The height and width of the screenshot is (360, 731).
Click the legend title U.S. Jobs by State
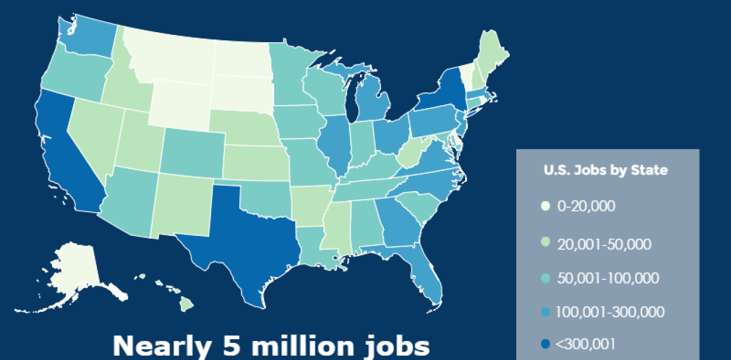pos(606,171)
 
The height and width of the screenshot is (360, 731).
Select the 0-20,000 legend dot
pos(545,207)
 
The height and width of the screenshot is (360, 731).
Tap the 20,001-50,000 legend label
pos(604,244)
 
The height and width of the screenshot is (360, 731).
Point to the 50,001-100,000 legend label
pos(608,278)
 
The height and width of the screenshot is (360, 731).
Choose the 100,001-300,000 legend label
pos(610,312)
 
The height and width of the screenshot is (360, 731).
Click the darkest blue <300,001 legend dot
pos(545,345)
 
